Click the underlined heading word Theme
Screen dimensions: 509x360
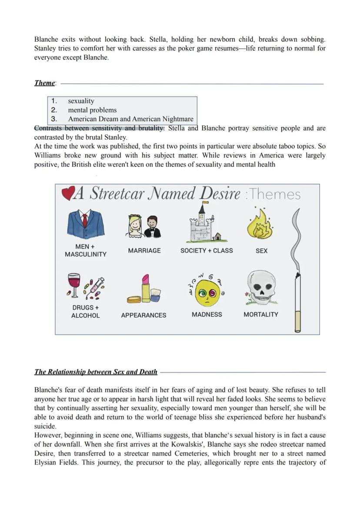[x=44, y=83]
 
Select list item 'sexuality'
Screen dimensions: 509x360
[x=81, y=101]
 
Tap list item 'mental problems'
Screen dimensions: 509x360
[x=92, y=110]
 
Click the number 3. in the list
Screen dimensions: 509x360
[x=54, y=119]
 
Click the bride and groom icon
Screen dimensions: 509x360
[x=144, y=226]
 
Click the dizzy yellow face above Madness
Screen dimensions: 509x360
[x=206, y=292]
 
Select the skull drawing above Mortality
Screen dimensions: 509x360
[x=261, y=288]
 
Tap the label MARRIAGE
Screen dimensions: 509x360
[x=144, y=250]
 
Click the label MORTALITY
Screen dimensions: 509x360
[x=261, y=314]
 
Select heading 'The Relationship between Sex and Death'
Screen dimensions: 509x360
[x=96, y=372]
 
